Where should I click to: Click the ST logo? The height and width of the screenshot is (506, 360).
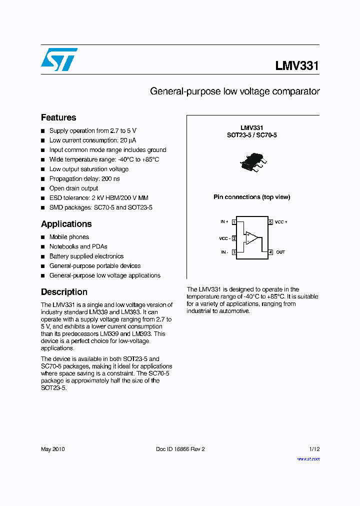[x=59, y=59]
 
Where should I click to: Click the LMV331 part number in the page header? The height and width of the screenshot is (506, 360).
[x=296, y=66]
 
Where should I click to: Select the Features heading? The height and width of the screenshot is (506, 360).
[x=58, y=117]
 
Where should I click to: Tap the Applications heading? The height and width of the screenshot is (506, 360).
[x=66, y=224]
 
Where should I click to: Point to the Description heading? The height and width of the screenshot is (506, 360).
[x=64, y=292]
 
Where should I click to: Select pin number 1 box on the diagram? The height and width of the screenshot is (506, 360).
[x=234, y=221]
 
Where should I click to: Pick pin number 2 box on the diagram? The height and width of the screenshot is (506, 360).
[x=234, y=238]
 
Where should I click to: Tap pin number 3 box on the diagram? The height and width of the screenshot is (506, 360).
[x=234, y=252]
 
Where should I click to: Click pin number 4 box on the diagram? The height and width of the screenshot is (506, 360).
[x=270, y=252]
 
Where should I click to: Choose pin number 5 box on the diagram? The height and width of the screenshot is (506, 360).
[x=270, y=221]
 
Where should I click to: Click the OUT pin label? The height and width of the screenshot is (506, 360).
[x=280, y=252]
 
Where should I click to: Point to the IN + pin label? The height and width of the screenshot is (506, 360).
[x=224, y=221]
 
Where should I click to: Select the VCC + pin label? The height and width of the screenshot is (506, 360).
[x=281, y=221]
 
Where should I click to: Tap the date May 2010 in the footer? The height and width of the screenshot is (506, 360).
[x=52, y=449]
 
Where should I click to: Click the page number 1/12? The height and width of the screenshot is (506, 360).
[x=313, y=449]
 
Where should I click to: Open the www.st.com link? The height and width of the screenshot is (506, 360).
[x=308, y=458]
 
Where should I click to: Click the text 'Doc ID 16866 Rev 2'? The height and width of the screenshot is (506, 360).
[x=180, y=449]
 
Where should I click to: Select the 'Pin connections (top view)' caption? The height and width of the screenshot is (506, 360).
[x=251, y=197]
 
